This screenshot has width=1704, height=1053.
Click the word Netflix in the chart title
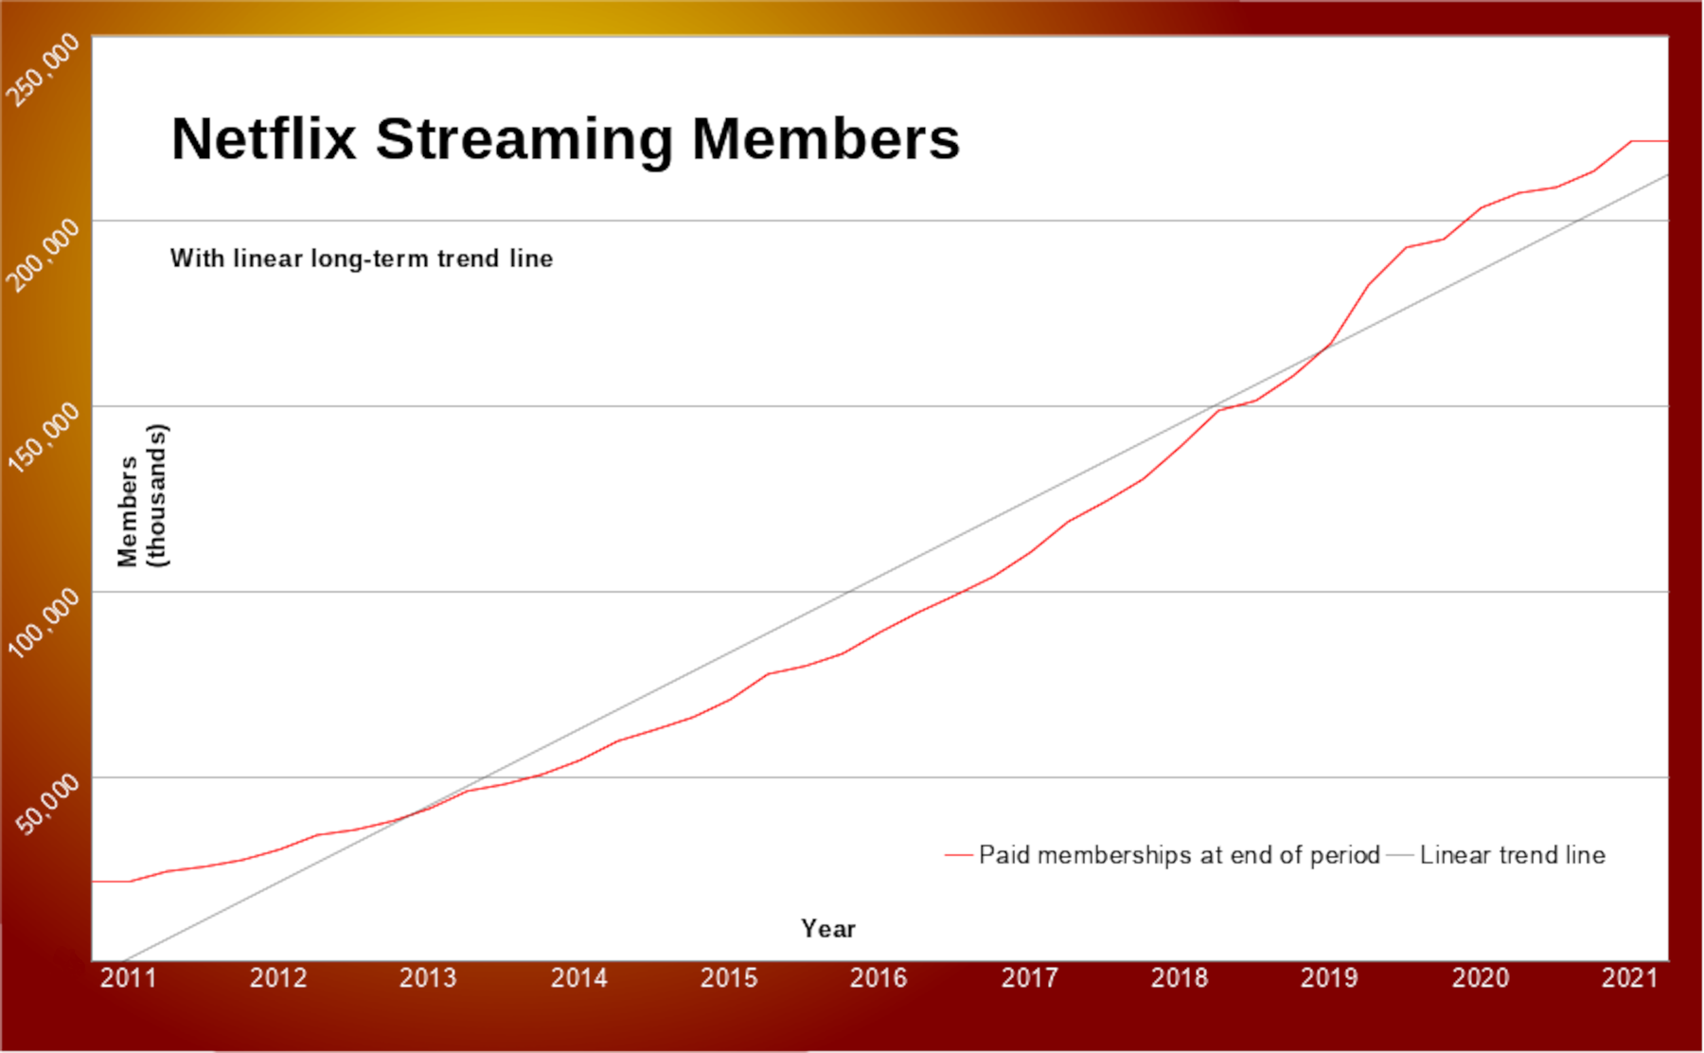point(264,139)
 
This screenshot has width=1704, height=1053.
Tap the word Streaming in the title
point(524,139)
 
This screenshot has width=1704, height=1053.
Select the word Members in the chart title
point(825,139)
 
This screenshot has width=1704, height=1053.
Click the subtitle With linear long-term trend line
point(361,259)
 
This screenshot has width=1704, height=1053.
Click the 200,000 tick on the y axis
point(44,254)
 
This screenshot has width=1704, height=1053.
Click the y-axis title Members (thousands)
point(142,496)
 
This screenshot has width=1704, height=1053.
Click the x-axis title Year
point(828,929)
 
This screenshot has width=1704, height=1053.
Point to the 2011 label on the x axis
point(128,978)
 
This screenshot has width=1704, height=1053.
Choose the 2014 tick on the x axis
point(578,978)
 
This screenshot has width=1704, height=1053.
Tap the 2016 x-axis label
point(878,978)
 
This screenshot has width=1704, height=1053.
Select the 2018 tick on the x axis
point(1179,978)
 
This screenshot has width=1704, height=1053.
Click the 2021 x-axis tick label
point(1629,978)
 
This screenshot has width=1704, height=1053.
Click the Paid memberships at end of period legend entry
point(1179,855)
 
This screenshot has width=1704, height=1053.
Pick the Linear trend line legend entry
point(1512,855)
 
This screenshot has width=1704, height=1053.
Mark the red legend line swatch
point(958,855)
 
